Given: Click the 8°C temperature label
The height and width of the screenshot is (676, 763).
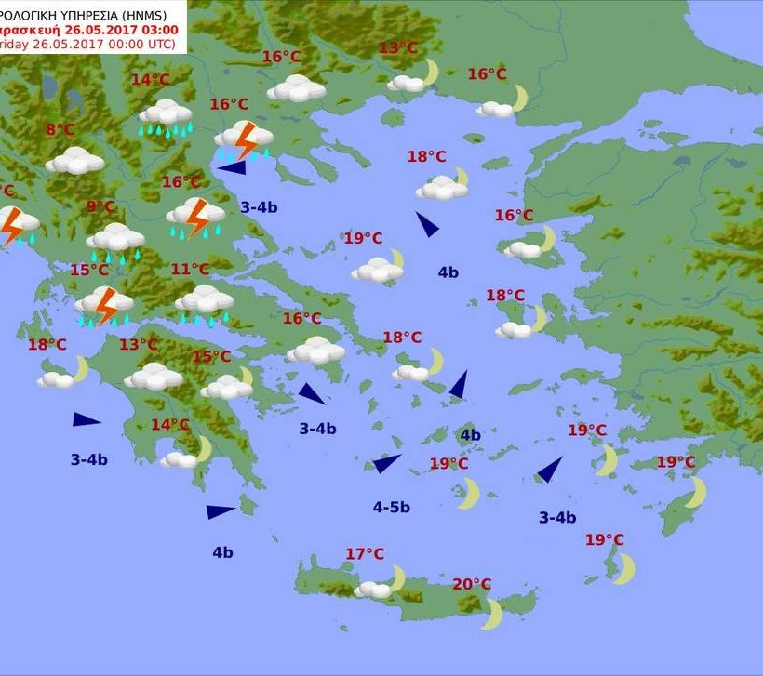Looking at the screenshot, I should point(60,130).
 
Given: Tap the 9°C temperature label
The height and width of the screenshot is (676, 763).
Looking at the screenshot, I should point(100,206).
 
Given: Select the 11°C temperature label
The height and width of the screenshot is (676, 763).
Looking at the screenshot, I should point(190,270).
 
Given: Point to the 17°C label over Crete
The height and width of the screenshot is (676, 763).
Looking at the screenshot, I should point(365,554).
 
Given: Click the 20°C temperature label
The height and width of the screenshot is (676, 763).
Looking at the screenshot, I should point(472,584).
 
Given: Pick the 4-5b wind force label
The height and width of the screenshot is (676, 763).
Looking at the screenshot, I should point(392,507).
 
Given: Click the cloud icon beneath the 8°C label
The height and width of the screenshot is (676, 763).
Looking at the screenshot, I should point(75,161).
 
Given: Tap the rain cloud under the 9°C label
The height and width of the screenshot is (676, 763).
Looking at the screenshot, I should point(115,239).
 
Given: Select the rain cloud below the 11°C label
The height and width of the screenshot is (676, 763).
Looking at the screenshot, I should point(205,301).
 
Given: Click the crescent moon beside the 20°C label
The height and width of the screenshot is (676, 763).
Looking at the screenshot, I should point(492,614).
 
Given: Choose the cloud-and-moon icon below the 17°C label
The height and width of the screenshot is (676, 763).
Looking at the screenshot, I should point(381,585).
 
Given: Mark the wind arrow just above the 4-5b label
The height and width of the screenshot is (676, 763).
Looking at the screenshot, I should point(386,463).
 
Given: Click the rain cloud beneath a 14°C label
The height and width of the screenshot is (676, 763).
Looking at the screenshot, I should point(166,114).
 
